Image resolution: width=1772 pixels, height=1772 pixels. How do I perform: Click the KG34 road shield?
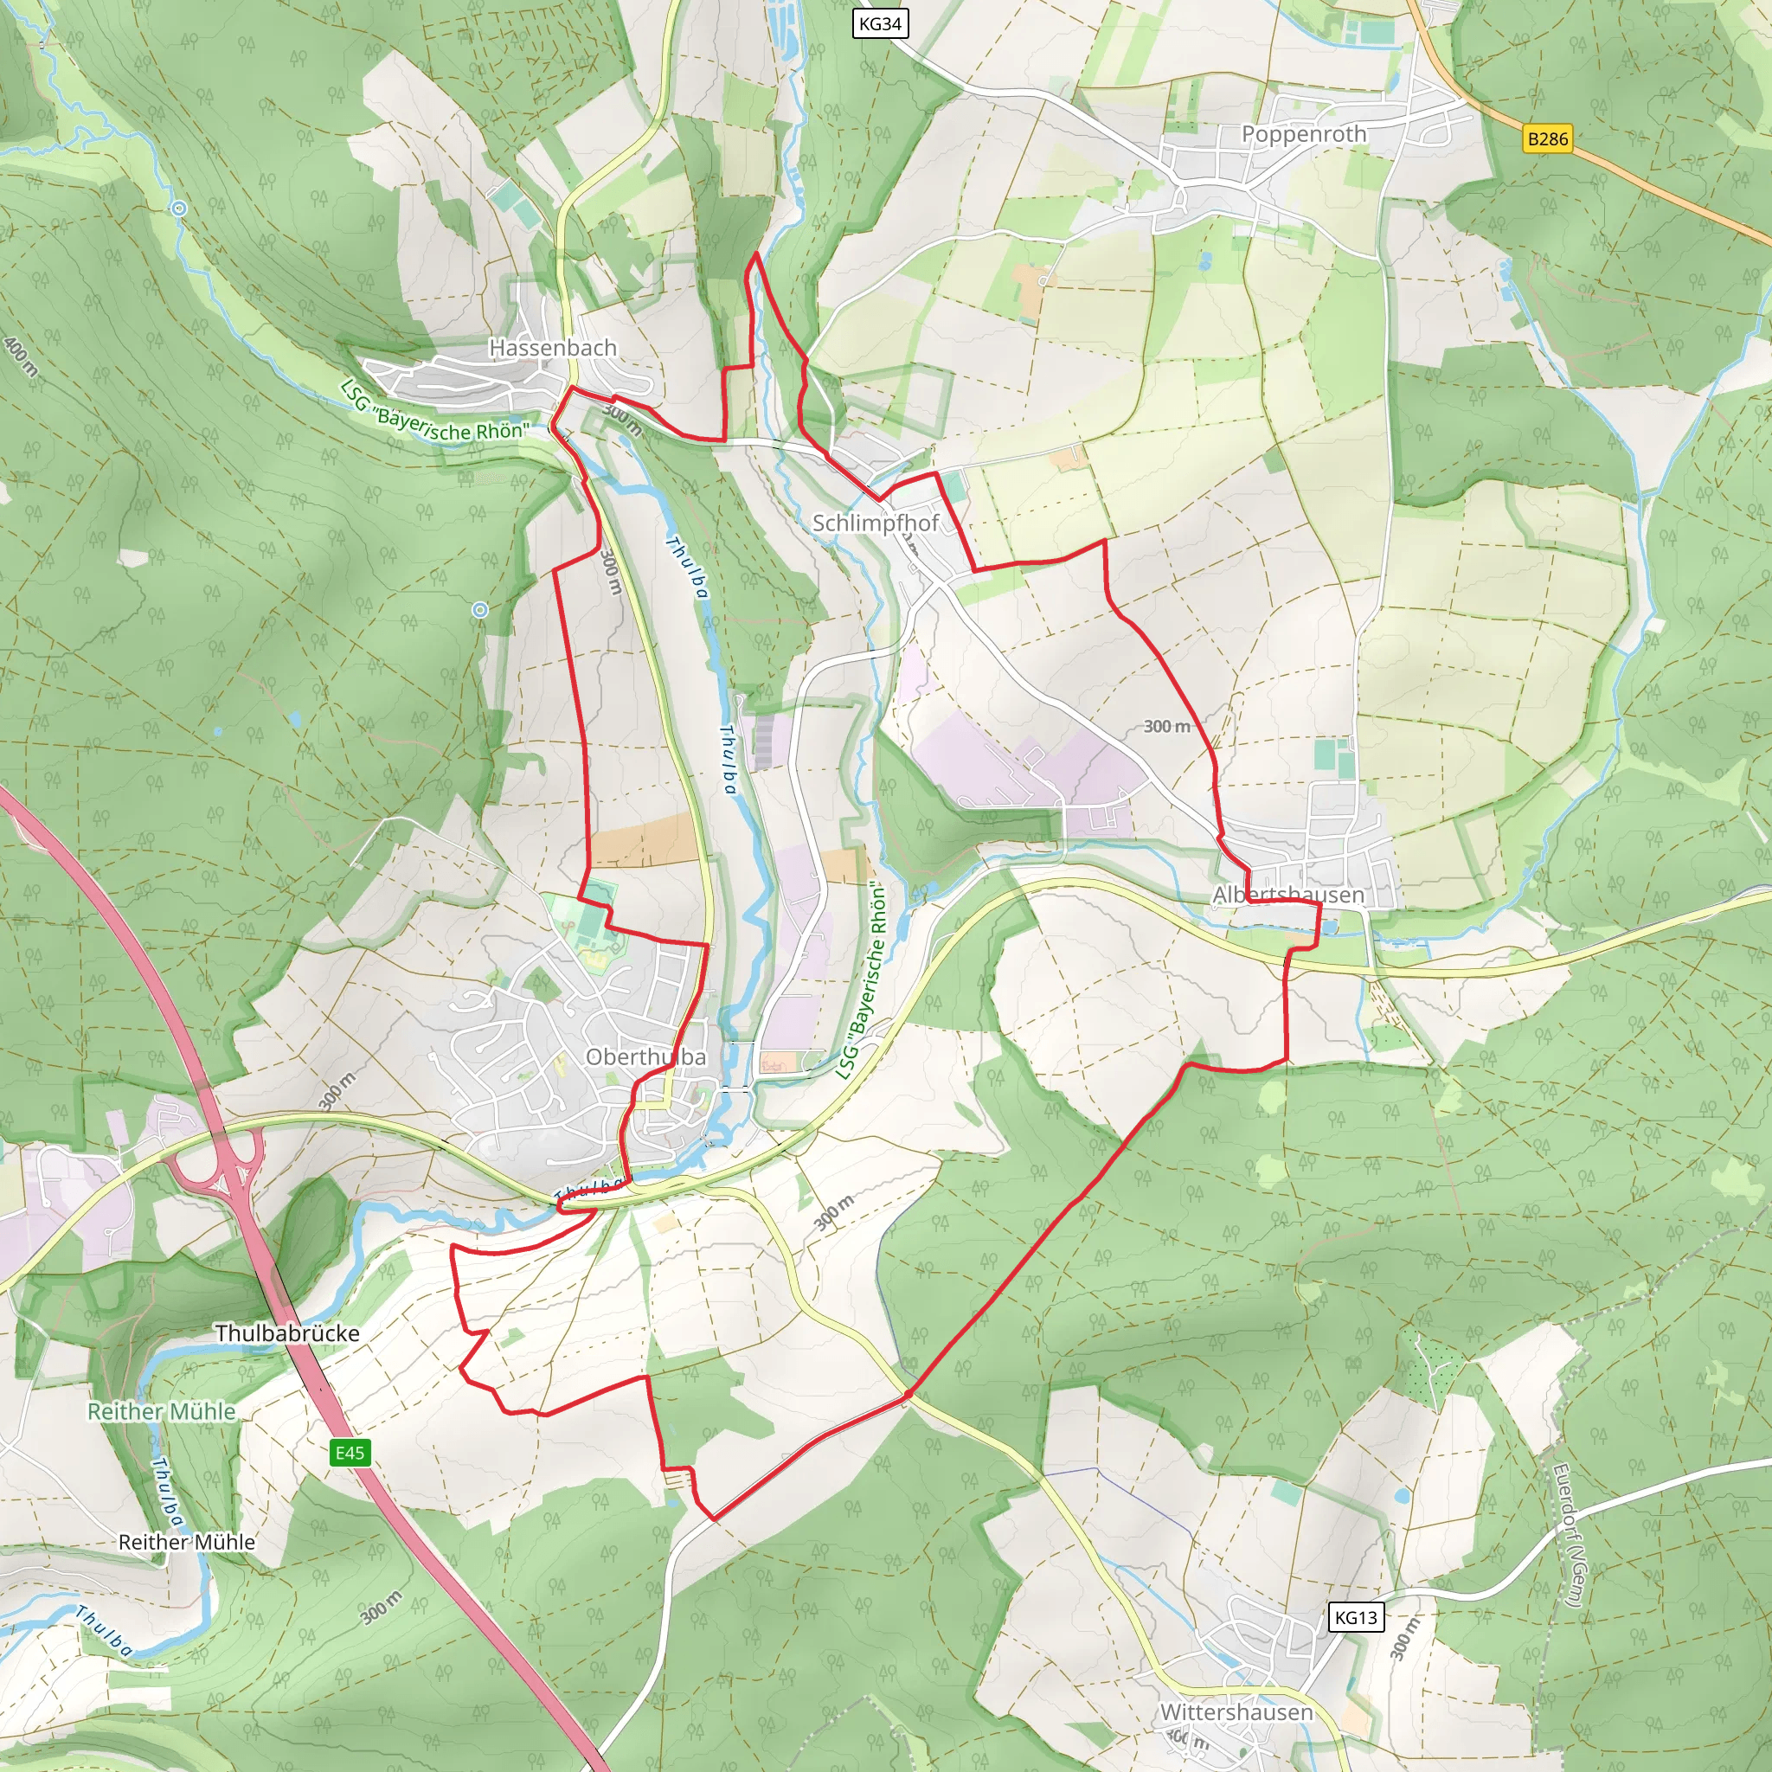click(880, 24)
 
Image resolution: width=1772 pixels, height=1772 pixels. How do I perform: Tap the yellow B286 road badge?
click(1547, 138)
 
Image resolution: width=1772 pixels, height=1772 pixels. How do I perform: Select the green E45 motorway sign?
click(350, 1452)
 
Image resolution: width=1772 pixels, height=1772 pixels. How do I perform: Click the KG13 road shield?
click(1356, 1617)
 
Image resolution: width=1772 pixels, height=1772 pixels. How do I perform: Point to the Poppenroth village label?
click(1303, 134)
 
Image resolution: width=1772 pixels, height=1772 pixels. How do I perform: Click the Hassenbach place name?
click(552, 348)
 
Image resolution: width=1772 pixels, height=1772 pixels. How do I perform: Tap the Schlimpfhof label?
click(875, 523)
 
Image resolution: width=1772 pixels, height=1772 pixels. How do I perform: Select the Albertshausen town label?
click(1287, 895)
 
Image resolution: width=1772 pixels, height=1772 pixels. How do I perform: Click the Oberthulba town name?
click(645, 1056)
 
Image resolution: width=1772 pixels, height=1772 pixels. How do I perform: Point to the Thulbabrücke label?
click(287, 1332)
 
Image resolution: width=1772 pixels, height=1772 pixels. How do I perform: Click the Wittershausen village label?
click(1236, 1711)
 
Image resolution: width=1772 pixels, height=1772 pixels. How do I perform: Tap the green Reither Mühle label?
click(162, 1410)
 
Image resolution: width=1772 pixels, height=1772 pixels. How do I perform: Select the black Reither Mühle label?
click(186, 1542)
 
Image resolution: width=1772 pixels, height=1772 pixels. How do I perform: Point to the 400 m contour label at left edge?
click(20, 356)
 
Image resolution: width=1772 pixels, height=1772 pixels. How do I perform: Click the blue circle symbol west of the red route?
click(478, 609)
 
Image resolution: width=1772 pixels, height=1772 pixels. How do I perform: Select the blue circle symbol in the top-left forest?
click(179, 209)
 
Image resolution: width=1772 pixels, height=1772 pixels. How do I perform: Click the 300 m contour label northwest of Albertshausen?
click(1165, 727)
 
